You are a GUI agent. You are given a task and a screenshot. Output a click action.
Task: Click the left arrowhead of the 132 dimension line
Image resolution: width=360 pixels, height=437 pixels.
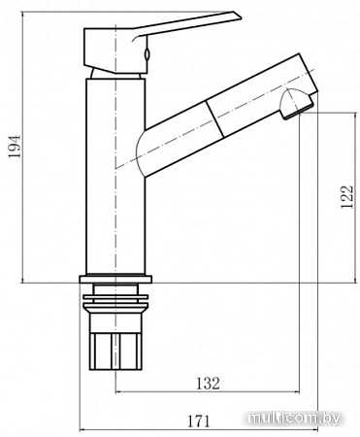(120, 393)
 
